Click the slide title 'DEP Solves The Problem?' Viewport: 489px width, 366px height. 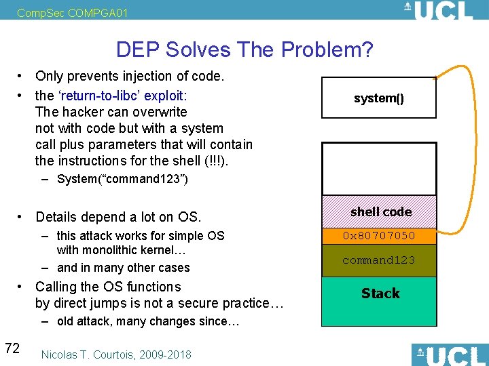point(244,49)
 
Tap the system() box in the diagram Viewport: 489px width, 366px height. point(378,99)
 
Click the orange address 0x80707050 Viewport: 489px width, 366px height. point(379,236)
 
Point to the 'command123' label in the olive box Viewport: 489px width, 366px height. point(379,260)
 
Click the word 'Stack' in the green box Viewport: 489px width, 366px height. point(380,293)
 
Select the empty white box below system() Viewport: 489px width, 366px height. point(378,169)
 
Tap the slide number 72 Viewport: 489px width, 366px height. point(12,348)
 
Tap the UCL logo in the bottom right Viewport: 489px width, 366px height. point(449,355)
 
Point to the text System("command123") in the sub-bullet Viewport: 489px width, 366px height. point(122,180)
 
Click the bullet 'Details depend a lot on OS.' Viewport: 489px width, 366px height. point(118,217)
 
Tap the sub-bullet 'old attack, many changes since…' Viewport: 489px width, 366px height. point(147,321)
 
